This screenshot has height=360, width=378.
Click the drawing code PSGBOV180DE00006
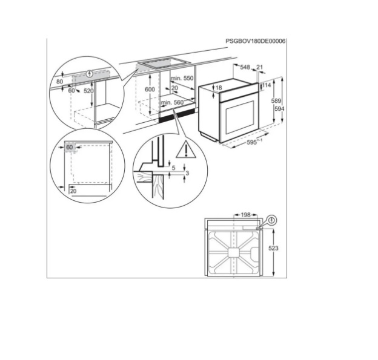(255, 41)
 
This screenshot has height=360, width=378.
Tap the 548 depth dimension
(245, 67)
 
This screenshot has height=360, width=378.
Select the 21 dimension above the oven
(259, 67)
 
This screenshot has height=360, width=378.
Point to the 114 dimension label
(267, 85)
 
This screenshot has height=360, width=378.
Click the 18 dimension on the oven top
(219, 88)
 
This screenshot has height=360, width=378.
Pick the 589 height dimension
(276, 101)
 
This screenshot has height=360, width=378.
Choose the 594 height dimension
(279, 109)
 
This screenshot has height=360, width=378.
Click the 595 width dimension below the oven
(254, 142)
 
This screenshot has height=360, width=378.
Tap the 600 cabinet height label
(150, 90)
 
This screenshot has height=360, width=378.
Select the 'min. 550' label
(182, 78)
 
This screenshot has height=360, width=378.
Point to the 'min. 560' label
(173, 103)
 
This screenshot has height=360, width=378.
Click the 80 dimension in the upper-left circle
(59, 82)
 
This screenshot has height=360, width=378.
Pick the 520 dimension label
(88, 91)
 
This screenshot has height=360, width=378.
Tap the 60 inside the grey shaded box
(70, 147)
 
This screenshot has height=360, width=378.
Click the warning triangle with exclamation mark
(186, 150)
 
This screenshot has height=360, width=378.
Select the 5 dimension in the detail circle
(174, 168)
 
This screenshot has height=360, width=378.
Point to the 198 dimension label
(246, 215)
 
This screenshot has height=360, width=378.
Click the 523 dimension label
(273, 248)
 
